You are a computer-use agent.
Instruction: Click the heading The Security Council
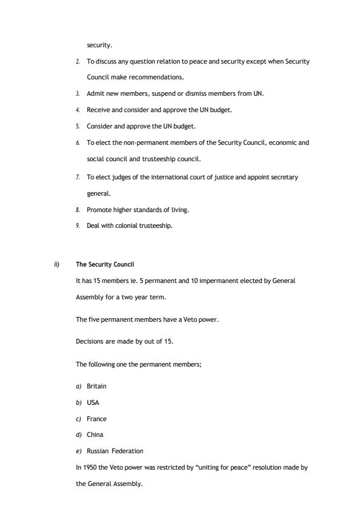105,265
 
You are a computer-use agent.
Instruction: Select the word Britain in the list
96,386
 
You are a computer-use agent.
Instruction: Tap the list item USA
93,402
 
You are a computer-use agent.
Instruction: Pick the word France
96,419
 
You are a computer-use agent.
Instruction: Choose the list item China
95,434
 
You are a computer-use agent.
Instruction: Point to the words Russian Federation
115,451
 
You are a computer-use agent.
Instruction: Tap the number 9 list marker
78,226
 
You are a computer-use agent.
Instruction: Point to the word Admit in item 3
95,94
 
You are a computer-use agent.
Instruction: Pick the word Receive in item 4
98,110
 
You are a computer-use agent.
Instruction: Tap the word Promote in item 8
99,210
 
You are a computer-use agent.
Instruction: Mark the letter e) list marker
78,451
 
